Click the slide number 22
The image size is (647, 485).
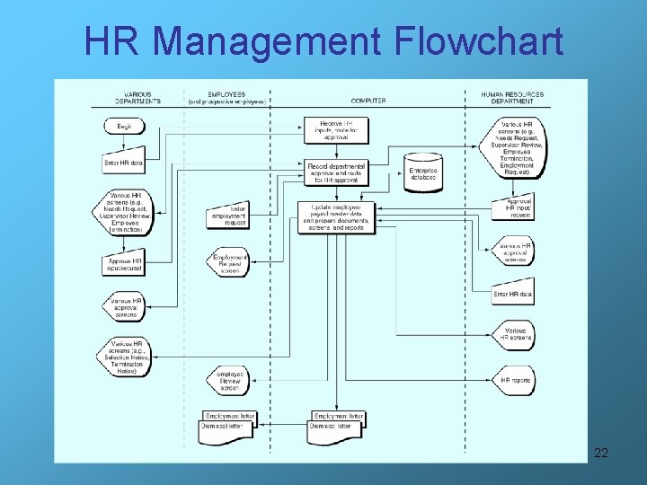(601, 453)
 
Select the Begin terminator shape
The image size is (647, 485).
(124, 128)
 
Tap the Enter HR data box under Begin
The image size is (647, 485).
(125, 163)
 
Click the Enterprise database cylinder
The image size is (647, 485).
(422, 172)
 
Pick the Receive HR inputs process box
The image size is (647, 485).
(336, 129)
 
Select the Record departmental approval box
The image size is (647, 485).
(336, 172)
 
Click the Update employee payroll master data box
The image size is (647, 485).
(336, 216)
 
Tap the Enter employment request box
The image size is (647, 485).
(228, 216)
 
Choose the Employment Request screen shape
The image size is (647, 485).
(229, 262)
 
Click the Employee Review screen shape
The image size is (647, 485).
(229, 381)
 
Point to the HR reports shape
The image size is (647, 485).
(515, 381)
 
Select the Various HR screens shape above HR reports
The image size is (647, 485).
(516, 335)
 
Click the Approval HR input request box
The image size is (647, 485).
(514, 208)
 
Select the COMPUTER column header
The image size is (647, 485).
(368, 101)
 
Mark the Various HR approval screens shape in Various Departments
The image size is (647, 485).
(125, 306)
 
